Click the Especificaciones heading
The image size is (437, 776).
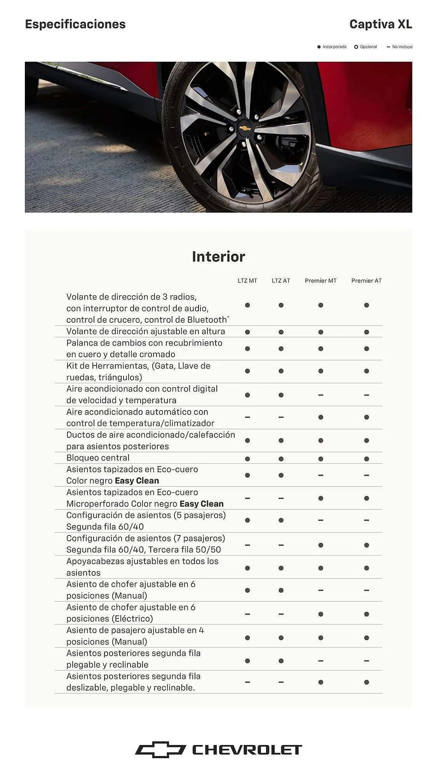point(75,24)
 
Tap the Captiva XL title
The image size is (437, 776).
point(380,24)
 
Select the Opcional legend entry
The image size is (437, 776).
point(366,47)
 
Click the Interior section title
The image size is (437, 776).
point(218,256)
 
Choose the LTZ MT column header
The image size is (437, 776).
point(247,281)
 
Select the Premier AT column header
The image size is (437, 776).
point(366,281)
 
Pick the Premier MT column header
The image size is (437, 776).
point(320,281)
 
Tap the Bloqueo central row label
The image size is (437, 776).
point(98,458)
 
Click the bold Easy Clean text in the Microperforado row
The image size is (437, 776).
point(201,504)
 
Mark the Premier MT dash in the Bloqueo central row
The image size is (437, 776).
point(320,459)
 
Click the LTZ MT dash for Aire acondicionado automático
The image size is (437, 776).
point(247,417)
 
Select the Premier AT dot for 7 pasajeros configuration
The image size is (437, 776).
point(366,545)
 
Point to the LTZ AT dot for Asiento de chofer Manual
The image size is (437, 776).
point(281,590)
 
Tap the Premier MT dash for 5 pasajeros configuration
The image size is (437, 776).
point(320,520)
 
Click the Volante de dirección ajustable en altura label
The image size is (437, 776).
point(145,331)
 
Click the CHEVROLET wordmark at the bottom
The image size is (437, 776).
point(247,750)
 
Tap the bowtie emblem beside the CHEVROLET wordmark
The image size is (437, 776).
point(160,750)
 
